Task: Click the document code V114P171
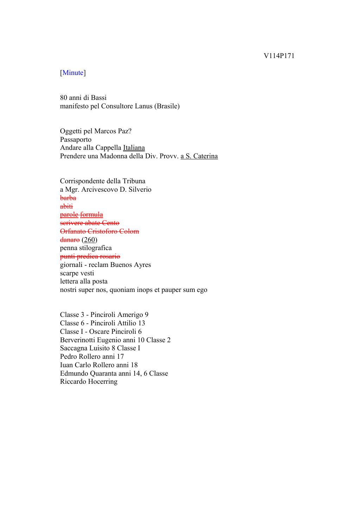[279, 56]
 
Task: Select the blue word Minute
[73, 73]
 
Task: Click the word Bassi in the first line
[98, 98]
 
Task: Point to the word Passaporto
[76, 140]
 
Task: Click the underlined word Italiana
[134, 148]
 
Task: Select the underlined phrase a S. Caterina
[199, 156]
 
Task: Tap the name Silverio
[140, 190]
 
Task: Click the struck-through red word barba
[68, 198]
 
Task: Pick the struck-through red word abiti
[66, 206]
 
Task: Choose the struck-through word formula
[91, 215]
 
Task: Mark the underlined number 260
[90, 240]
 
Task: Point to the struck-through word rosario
[109, 256]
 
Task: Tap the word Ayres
[142, 265]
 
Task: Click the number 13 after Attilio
[141, 323]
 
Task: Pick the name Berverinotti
[78, 340]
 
